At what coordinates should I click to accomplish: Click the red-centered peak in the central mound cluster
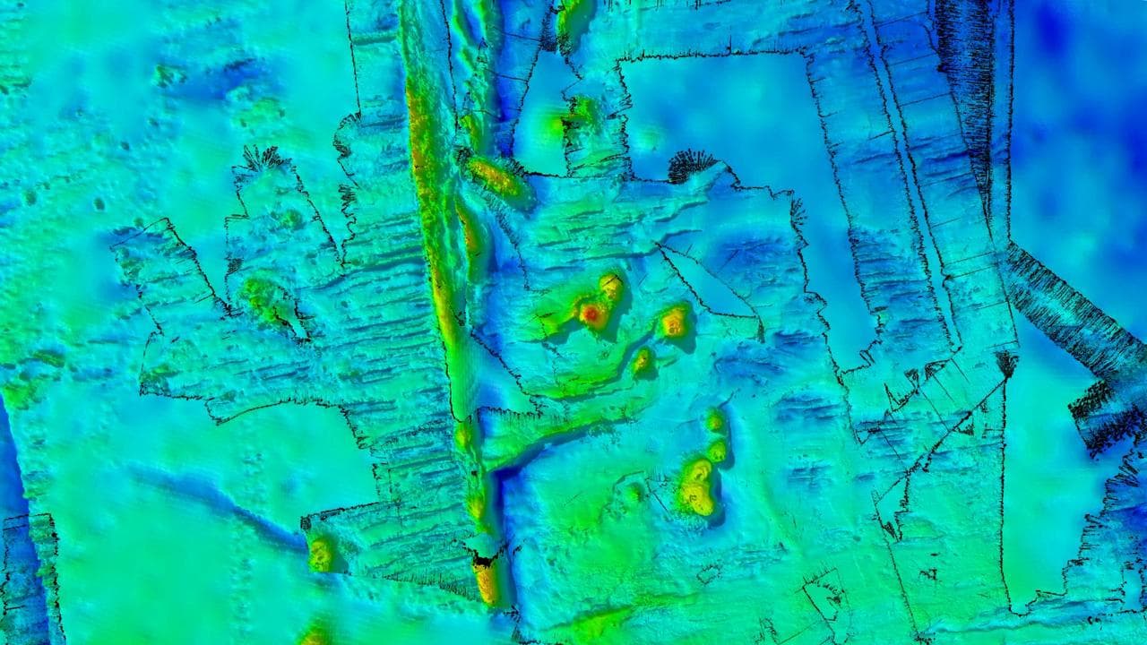(x=591, y=313)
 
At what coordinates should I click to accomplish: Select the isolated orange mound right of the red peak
(x=674, y=321)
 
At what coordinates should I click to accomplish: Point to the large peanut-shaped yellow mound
(x=695, y=487)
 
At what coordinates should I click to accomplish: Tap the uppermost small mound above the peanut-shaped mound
(x=714, y=419)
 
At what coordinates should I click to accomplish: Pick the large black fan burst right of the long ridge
(x=691, y=164)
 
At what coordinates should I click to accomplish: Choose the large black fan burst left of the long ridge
(x=262, y=159)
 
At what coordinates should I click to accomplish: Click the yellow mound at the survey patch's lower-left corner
(x=321, y=554)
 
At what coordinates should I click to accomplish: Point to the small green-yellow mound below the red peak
(x=642, y=361)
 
